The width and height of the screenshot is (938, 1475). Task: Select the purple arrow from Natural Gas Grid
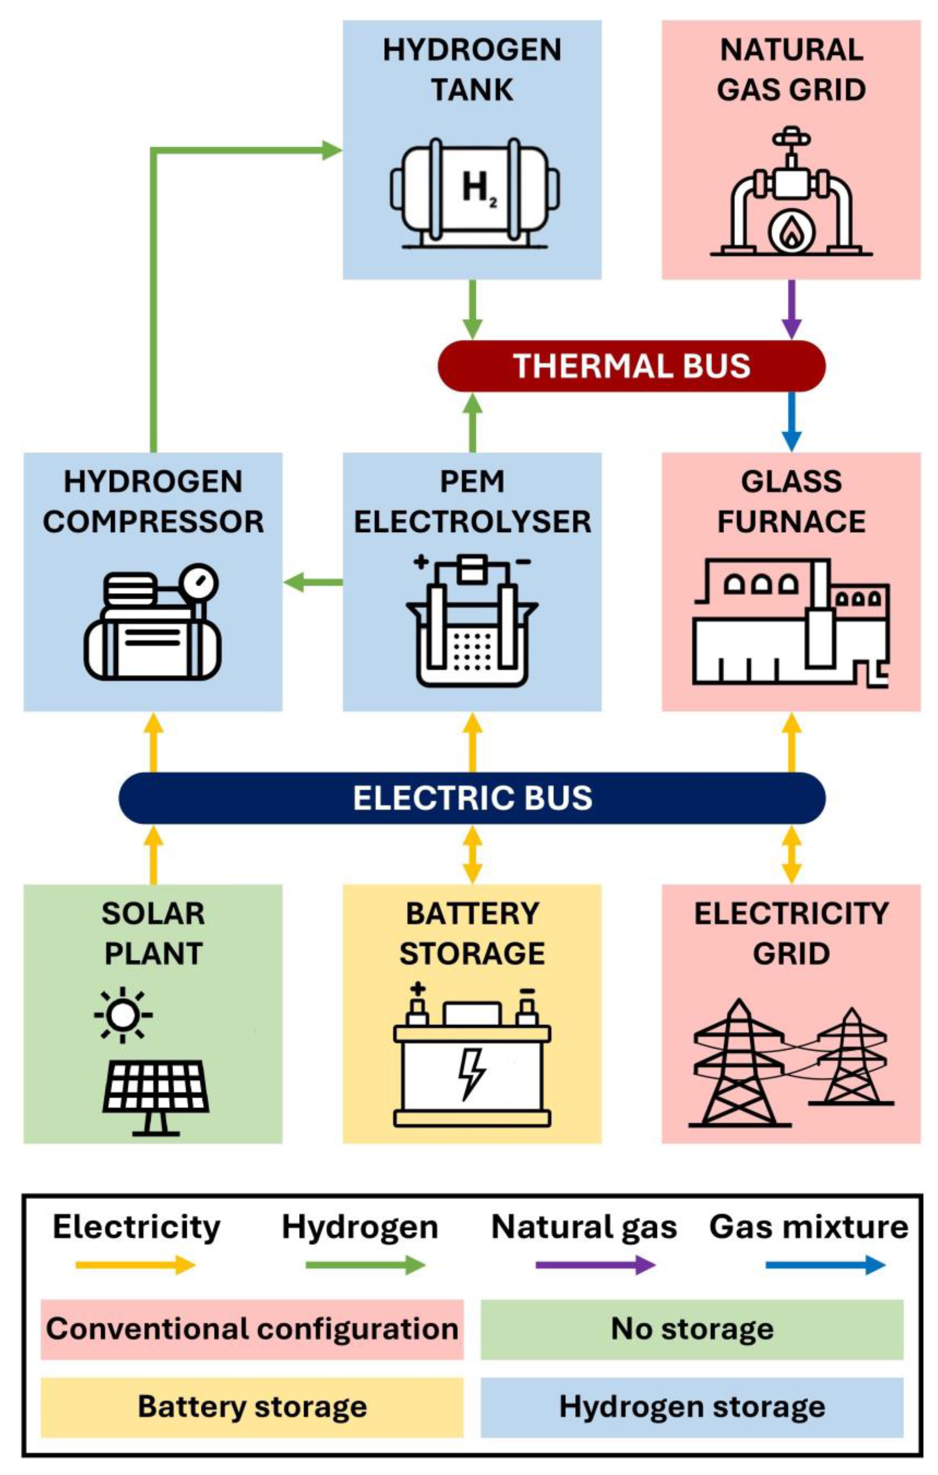pos(791,309)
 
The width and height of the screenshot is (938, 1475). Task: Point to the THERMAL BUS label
pos(631,366)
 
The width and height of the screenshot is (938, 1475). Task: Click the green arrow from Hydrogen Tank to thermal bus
pos(472,309)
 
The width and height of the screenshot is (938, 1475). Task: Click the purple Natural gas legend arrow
pos(594,1265)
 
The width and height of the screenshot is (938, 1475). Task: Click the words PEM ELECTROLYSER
pos(472,502)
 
